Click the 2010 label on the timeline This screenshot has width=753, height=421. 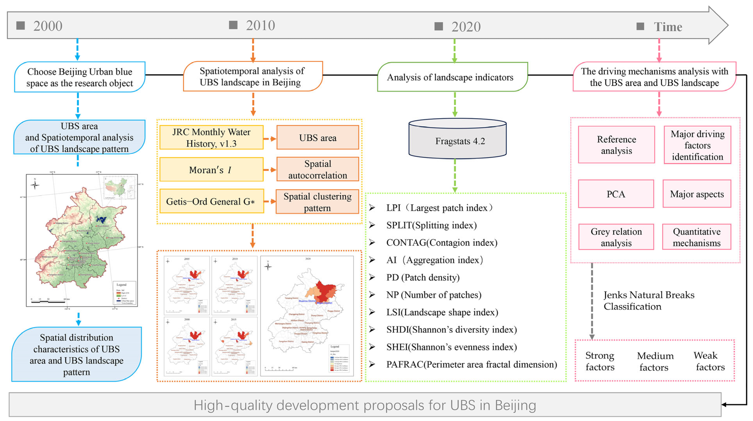coord(260,26)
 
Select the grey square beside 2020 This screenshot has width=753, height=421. coord(438,26)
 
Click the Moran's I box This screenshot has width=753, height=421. coord(211,170)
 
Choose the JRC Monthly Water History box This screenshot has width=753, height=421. coord(211,138)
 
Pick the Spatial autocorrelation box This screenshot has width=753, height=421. coord(317,169)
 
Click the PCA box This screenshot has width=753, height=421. coord(616,194)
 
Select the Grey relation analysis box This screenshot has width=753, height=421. coord(616,237)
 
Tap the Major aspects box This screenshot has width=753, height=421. coord(697,194)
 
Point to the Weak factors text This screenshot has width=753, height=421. coord(710,361)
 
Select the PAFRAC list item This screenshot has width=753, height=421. coord(471,364)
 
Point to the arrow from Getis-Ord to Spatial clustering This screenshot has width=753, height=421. coord(269,202)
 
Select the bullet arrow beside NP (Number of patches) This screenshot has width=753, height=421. coord(372,295)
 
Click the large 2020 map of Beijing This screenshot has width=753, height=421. coord(307,315)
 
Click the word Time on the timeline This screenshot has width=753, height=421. coord(668,27)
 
